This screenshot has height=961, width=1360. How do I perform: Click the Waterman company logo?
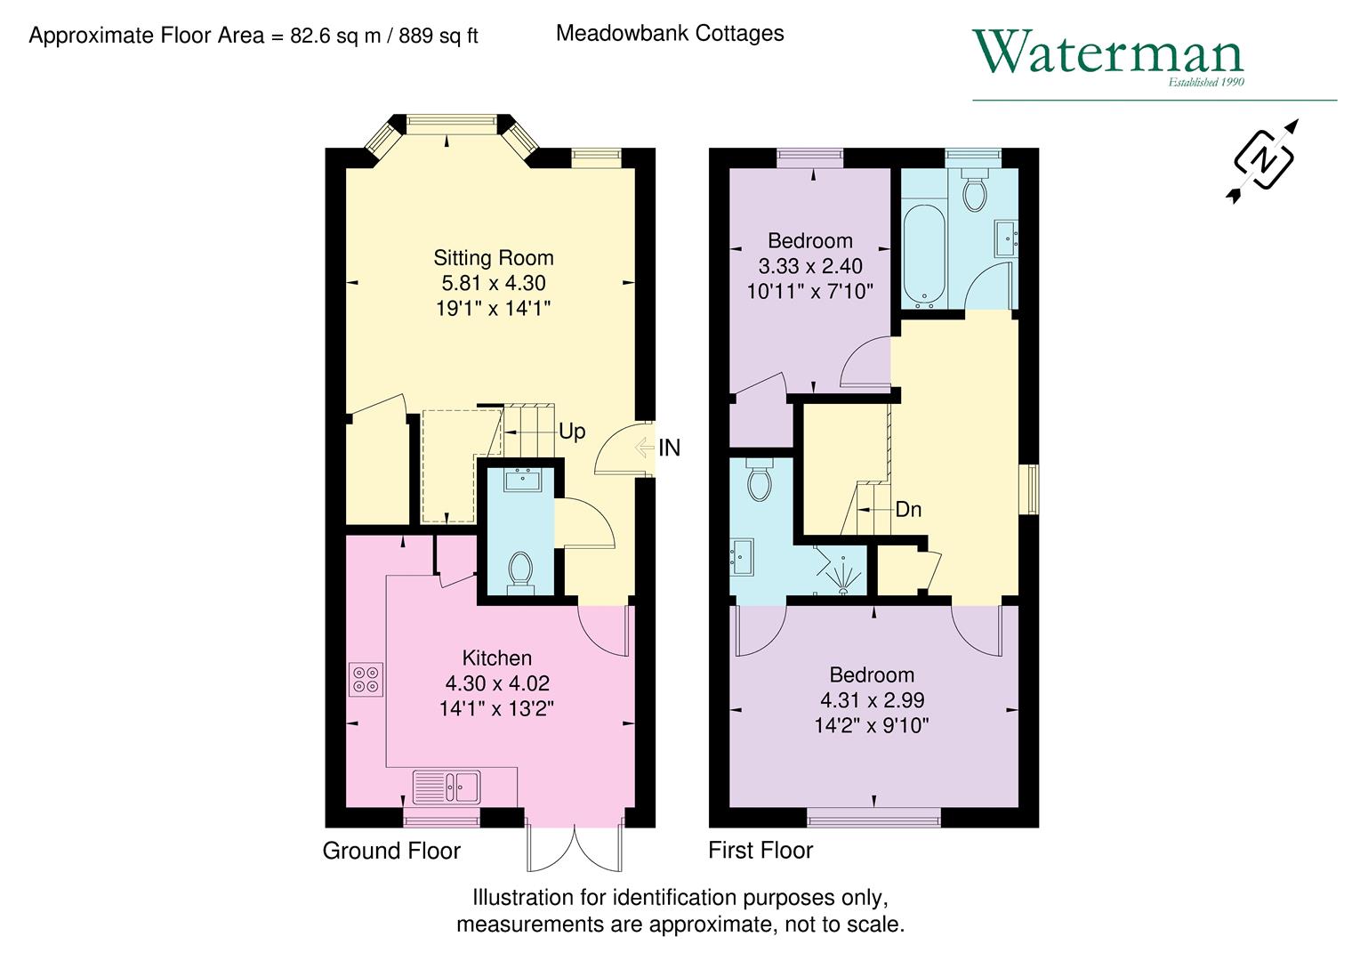[x=1107, y=55]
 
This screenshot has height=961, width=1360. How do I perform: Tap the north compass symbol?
[x=1262, y=160]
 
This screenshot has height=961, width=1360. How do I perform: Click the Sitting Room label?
[x=493, y=258]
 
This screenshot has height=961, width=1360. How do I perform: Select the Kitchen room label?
[x=496, y=658]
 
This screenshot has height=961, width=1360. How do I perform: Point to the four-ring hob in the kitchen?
[x=366, y=680]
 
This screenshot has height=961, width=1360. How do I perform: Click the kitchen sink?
[x=447, y=787]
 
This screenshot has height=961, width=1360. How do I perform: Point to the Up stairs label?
[x=571, y=432]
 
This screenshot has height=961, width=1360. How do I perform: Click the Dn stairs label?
[x=907, y=510]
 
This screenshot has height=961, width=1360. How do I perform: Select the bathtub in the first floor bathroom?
[x=924, y=253]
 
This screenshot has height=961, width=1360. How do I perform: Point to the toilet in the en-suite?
[x=759, y=480]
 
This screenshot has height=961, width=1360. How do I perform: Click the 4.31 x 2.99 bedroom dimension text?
[x=871, y=700]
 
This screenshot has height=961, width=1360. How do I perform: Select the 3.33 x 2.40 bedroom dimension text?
[x=809, y=266]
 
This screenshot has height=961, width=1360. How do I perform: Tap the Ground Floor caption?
[x=390, y=851]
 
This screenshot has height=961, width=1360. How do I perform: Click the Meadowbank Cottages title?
[x=669, y=34]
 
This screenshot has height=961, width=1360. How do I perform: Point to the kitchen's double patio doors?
[x=575, y=848]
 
